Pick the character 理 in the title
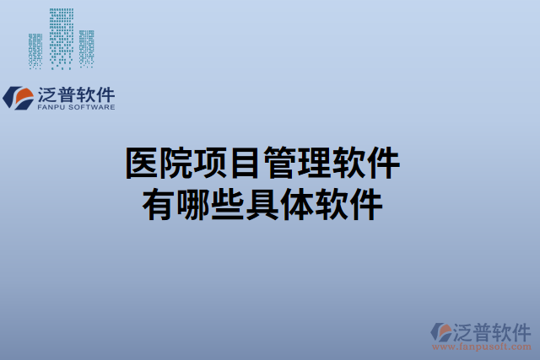[x=314, y=163]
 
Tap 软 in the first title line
[x=348, y=163]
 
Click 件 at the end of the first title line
[x=383, y=163]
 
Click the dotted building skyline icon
[x=62, y=39]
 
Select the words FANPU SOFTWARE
[x=76, y=108]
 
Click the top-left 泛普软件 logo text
[x=76, y=94]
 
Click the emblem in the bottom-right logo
[x=441, y=332]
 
